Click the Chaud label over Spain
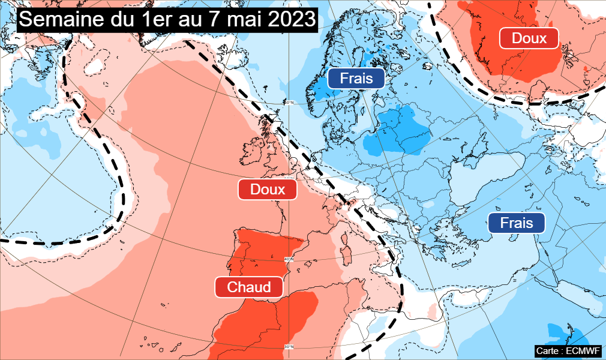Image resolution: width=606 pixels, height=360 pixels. [x=249, y=287]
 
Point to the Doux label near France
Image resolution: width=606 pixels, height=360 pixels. [x=268, y=190]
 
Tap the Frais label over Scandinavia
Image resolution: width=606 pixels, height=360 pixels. [x=356, y=78]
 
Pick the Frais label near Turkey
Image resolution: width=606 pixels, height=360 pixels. [x=516, y=223]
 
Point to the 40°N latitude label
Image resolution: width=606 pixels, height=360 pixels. [x=289, y=259]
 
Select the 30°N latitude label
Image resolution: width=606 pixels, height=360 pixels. [x=289, y=346]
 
